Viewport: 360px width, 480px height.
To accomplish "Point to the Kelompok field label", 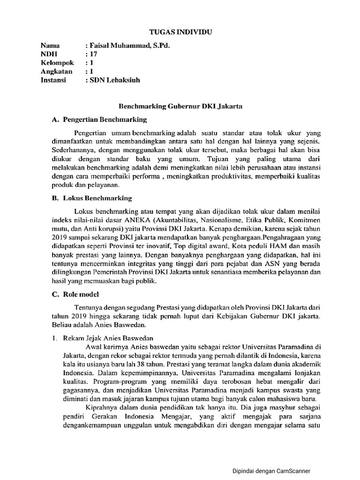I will pos(57,63).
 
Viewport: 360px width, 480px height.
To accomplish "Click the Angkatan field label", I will pos(57,72).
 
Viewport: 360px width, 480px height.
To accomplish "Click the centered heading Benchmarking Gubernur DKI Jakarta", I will pos(180,107).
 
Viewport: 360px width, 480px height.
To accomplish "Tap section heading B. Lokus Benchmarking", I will pos(92,198).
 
